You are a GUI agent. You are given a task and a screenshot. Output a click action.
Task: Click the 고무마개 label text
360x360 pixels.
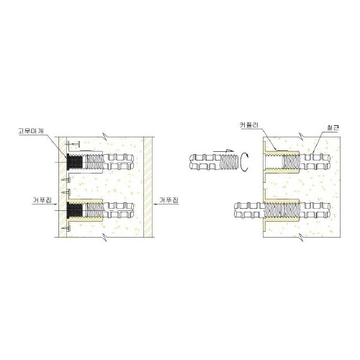[32, 131]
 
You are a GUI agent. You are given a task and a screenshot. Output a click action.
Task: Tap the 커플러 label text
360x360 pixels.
[249, 125]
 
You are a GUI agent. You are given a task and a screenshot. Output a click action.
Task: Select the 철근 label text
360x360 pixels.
[333, 127]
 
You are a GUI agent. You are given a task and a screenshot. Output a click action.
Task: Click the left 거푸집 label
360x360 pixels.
[42, 200]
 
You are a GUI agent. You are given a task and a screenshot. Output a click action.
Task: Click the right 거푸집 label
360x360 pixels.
[169, 200]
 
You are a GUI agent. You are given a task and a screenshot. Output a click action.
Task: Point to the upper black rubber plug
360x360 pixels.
[75, 162]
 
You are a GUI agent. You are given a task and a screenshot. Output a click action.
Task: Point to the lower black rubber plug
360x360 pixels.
[75, 210]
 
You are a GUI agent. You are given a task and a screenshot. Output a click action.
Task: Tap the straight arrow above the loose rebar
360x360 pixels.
[223, 151]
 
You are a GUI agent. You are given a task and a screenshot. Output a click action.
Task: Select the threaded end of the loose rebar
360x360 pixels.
[230, 162]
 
